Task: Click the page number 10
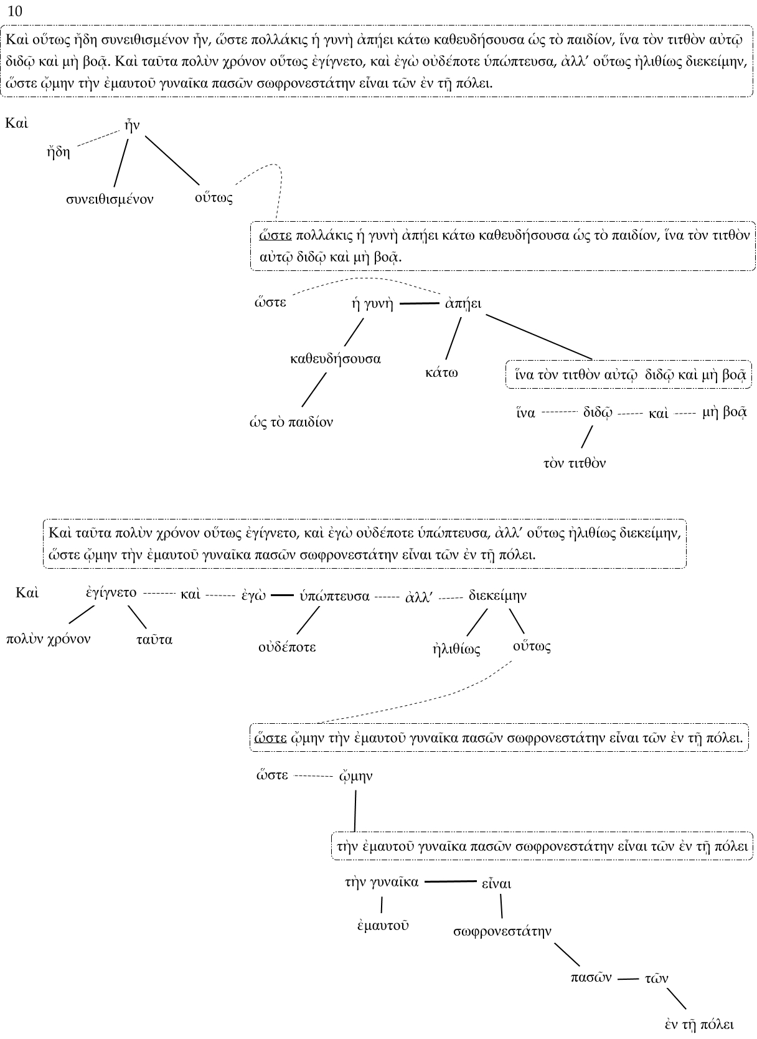point(15,11)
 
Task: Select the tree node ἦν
point(132,126)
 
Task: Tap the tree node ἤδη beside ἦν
point(59,152)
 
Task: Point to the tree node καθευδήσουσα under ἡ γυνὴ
point(336,359)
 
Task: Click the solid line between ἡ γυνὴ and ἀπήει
point(419,304)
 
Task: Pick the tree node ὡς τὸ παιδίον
point(291,422)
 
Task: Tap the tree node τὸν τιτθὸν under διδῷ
point(574,463)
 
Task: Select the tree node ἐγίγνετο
point(111,593)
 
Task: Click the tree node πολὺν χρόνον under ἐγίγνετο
point(48,639)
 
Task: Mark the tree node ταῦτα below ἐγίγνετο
point(154,640)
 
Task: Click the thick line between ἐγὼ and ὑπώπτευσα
point(282,596)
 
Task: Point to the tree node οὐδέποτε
point(287,647)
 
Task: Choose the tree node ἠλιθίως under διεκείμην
point(456,649)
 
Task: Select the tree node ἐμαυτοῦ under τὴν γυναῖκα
point(383,926)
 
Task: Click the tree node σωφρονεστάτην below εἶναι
point(502,932)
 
